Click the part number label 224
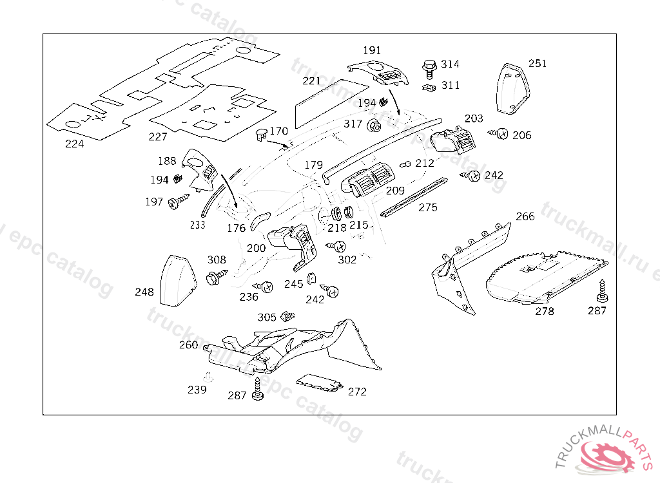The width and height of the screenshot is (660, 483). coord(75,144)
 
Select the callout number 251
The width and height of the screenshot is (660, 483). coord(538,64)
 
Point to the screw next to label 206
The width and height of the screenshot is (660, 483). coord(498,134)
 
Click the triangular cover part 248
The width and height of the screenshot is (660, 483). coord(178,280)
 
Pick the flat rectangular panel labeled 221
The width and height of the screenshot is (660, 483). coord(331,104)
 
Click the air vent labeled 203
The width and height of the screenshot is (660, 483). coord(453,139)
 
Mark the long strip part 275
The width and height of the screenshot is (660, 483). coord(413,197)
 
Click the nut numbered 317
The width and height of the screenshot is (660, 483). coord(374,126)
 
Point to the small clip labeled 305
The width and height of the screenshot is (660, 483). coord(288,316)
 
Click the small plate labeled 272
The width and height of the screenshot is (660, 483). coord(320,383)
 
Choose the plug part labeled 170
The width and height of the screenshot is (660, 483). coord(261,134)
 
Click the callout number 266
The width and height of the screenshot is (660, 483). coord(525,216)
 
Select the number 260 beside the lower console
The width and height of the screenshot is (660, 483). coord(189,345)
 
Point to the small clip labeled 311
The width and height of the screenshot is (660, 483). coord(429,88)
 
